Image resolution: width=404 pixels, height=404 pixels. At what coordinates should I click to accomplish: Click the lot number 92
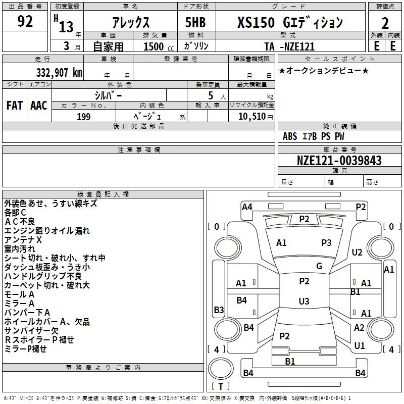click(25, 22)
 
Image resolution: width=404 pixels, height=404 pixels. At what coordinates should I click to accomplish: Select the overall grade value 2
click(385, 23)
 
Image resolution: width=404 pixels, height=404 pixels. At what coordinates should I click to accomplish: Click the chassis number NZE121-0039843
click(339, 161)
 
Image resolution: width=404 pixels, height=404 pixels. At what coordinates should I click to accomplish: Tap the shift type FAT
click(14, 106)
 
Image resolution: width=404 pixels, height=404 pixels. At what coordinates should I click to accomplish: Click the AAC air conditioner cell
click(39, 106)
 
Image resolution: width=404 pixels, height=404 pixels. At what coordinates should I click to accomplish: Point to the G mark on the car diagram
click(319, 266)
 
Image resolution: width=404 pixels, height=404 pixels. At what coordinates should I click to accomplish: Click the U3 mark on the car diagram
click(304, 301)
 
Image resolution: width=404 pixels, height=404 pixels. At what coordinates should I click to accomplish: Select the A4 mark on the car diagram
click(247, 207)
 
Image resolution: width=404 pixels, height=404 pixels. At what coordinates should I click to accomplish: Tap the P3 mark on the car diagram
click(326, 243)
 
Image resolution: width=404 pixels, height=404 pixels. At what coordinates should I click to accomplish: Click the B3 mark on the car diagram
click(219, 310)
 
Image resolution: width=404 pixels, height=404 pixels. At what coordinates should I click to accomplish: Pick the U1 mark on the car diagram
click(360, 346)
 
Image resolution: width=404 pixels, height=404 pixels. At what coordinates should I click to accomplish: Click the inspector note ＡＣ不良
click(20, 221)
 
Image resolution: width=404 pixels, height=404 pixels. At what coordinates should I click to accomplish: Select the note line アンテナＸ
click(23, 239)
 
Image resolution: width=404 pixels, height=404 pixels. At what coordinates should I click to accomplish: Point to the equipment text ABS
click(290, 136)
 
